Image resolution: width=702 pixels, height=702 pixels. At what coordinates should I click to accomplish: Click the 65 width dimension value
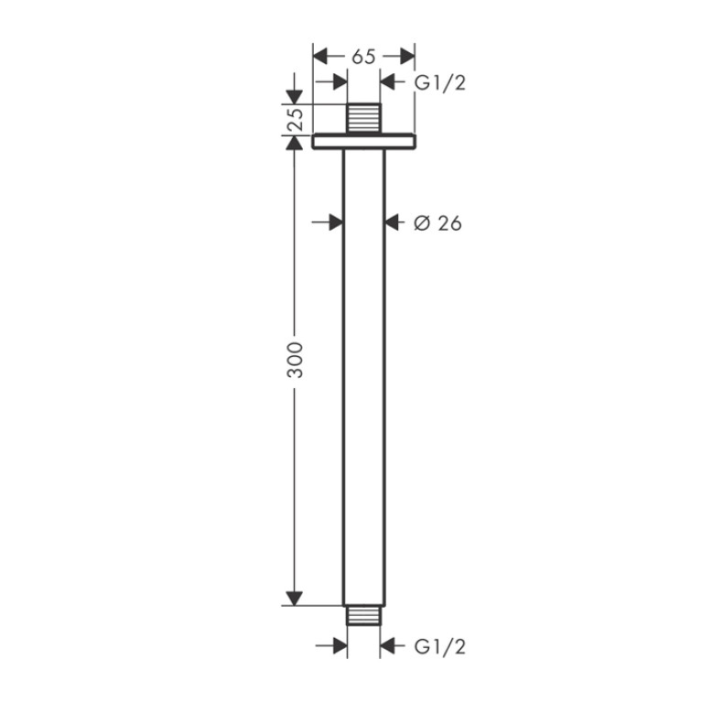click(363, 57)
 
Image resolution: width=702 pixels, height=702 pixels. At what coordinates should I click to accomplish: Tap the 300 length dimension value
click(295, 360)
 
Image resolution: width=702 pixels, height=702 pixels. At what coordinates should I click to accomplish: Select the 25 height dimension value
click(296, 119)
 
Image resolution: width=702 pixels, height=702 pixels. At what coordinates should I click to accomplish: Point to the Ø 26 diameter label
click(437, 222)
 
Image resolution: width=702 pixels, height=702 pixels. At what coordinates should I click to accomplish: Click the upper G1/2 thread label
click(440, 83)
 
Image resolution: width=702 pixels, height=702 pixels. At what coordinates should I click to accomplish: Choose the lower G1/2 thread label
click(440, 646)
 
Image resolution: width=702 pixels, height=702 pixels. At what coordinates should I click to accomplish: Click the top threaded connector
click(364, 118)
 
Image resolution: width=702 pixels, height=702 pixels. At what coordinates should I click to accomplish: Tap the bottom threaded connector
click(364, 616)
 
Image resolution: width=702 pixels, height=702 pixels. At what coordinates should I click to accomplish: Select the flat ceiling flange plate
click(364, 141)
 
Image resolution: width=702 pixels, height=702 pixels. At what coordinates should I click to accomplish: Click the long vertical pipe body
click(364, 377)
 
